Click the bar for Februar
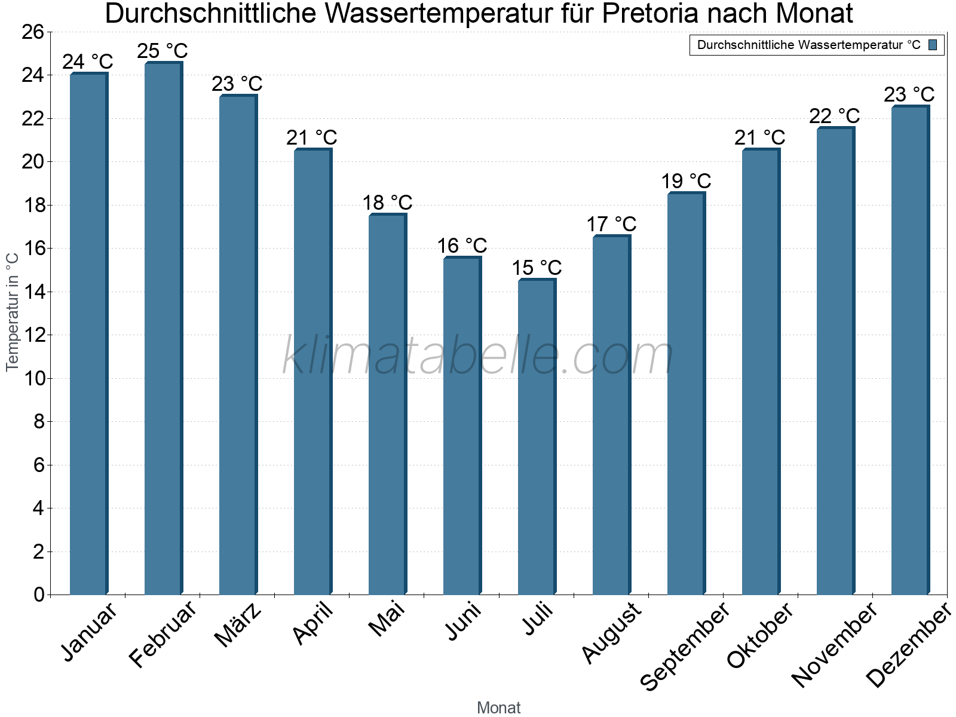pos(163,329)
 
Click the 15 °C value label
pos(537,268)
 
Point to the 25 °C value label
pos(163,51)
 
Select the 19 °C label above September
pos(686,181)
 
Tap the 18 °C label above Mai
pos(387,203)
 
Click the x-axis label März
pos(238,625)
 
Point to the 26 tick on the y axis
pos(33,32)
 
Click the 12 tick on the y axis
pos(33,335)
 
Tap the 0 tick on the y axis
pos(39,595)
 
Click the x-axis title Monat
pos(498,707)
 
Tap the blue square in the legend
pos(933,45)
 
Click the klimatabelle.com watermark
pos(478,356)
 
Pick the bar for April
pos(312,372)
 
